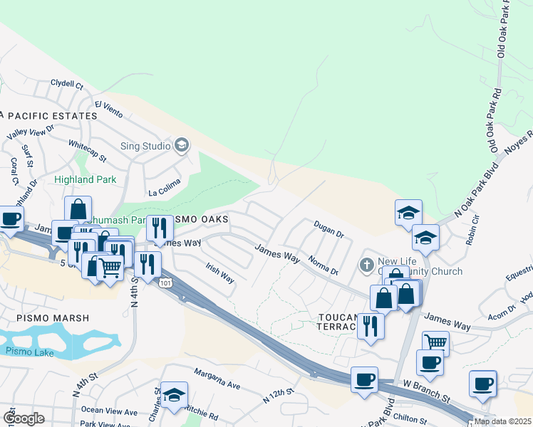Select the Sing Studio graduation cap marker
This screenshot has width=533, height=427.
tap(182, 145)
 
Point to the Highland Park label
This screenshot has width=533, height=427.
tap(85, 180)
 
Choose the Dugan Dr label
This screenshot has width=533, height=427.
tap(328, 228)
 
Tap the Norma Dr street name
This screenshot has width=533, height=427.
tap(323, 266)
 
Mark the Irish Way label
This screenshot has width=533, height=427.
tap(220, 273)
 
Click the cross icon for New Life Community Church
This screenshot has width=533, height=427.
tap(367, 265)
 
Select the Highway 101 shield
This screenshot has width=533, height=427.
tap(165, 283)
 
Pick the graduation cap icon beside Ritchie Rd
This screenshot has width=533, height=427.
tap(173, 396)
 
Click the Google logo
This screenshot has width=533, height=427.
tap(24, 418)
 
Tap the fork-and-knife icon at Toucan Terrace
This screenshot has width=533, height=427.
tap(370, 325)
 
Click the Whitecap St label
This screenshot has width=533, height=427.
tap(88, 151)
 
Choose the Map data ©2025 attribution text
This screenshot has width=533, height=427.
tap(502, 421)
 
